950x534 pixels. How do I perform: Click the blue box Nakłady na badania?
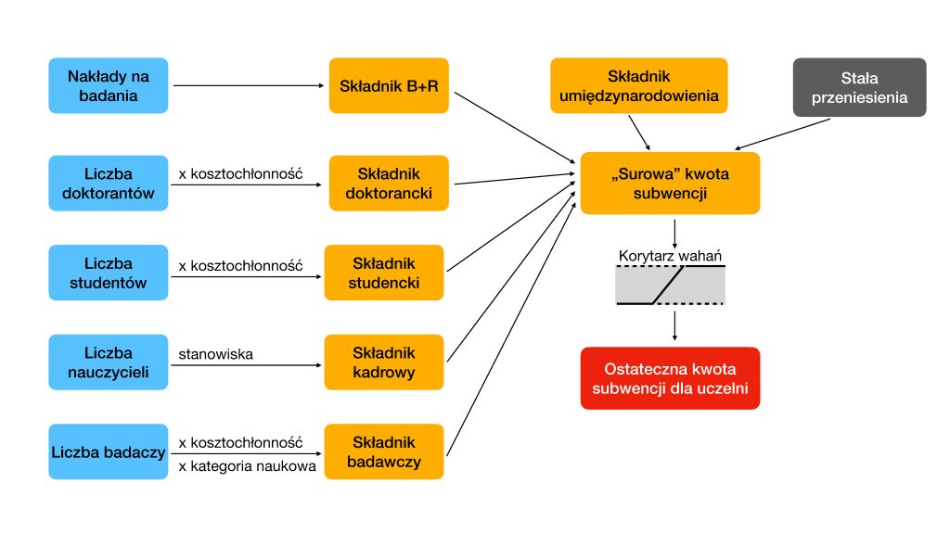pos(109,85)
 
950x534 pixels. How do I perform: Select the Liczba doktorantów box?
pos(109,183)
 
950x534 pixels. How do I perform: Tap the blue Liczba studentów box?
pos(109,273)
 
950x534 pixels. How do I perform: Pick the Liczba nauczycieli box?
pos(109,362)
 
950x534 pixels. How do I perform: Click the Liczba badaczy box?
pos(109,451)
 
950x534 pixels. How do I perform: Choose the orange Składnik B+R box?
pos(389,85)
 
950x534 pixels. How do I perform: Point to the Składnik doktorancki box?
pos(389,183)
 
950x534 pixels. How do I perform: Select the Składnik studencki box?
pos(384,273)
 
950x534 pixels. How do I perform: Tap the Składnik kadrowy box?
pos(384,362)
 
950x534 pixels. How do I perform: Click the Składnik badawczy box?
pos(384,451)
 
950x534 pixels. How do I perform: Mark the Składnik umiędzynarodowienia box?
pos(639,85)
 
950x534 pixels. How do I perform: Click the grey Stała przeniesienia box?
pos(860,87)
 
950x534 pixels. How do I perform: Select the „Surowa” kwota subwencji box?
pos(670,183)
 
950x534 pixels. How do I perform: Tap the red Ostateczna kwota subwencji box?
pos(670,378)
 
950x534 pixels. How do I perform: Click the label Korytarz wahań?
pos(670,256)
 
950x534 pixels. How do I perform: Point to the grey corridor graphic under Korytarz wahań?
pos(670,285)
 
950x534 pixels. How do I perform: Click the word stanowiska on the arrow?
pos(215,354)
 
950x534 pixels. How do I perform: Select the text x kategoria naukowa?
pos(247,466)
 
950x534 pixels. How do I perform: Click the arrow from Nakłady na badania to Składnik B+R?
pos(249,85)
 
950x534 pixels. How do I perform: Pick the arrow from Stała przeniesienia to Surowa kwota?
pos(782,133)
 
